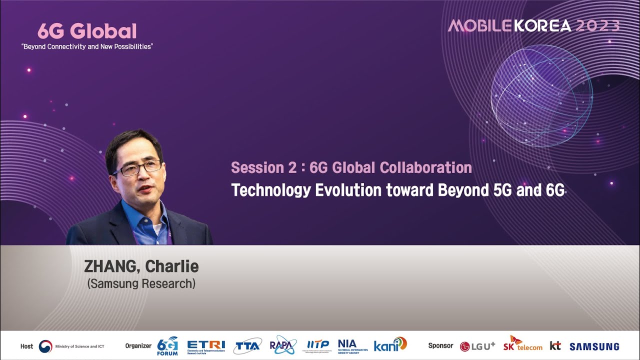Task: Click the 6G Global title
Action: click(x=86, y=31)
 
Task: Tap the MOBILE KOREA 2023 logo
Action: click(x=533, y=26)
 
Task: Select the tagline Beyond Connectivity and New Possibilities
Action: click(x=86, y=46)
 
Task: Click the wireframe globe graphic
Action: click(x=541, y=95)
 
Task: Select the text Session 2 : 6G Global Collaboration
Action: click(x=351, y=167)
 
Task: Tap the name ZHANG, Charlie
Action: click(x=141, y=266)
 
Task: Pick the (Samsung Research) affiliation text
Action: click(x=141, y=283)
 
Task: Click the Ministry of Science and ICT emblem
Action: click(x=45, y=346)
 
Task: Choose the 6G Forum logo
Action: click(x=167, y=345)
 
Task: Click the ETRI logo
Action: click(x=206, y=345)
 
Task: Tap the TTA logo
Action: click(x=247, y=345)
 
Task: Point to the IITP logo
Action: click(x=318, y=345)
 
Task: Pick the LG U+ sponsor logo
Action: click(x=477, y=346)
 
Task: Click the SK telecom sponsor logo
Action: click(x=522, y=344)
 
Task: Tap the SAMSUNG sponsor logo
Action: click(x=594, y=346)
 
